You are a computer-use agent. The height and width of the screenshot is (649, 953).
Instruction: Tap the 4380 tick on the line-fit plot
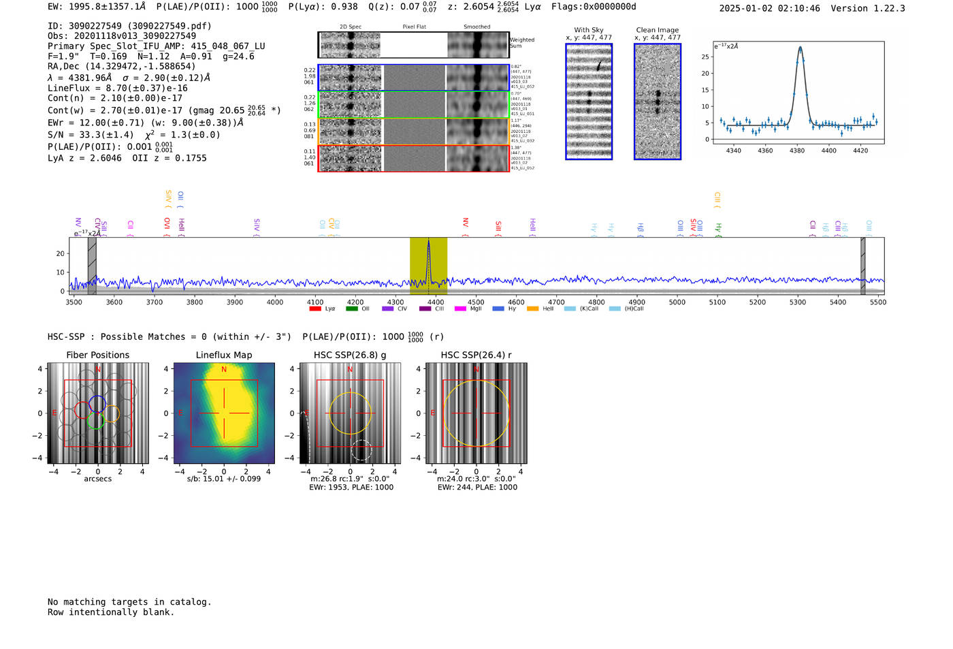(797, 151)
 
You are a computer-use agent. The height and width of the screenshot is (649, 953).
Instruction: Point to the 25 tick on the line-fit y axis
(705, 57)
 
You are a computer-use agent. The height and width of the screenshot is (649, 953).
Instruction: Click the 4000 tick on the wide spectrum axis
(275, 302)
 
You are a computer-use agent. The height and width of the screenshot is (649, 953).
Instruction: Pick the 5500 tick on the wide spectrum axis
(878, 302)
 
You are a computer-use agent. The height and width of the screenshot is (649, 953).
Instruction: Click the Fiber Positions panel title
(97, 355)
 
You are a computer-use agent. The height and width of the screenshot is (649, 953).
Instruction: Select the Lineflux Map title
(223, 355)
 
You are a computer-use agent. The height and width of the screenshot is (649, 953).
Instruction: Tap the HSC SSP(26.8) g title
(350, 355)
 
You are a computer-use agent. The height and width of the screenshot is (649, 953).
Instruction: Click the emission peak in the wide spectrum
(428, 242)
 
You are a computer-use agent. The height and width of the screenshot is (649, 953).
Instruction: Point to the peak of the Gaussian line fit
(800, 47)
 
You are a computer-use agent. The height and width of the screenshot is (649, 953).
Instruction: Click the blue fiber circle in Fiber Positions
(97, 403)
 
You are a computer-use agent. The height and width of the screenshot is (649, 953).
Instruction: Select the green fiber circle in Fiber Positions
(95, 421)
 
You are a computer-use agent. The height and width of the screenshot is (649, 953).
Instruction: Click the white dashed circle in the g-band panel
(361, 450)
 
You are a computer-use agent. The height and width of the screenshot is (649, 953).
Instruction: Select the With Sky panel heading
(589, 30)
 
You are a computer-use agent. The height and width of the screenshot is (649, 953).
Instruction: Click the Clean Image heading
(657, 30)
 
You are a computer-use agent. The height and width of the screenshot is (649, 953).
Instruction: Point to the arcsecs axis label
(97, 479)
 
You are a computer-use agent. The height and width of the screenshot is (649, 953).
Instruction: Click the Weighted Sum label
(521, 43)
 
